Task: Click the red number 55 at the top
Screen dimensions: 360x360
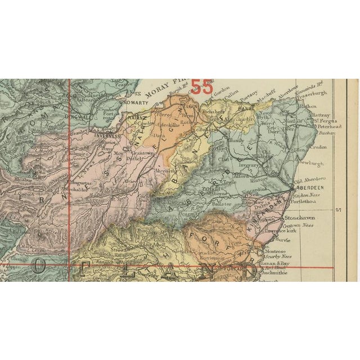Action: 202,87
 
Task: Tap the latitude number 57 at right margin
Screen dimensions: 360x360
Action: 338,210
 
